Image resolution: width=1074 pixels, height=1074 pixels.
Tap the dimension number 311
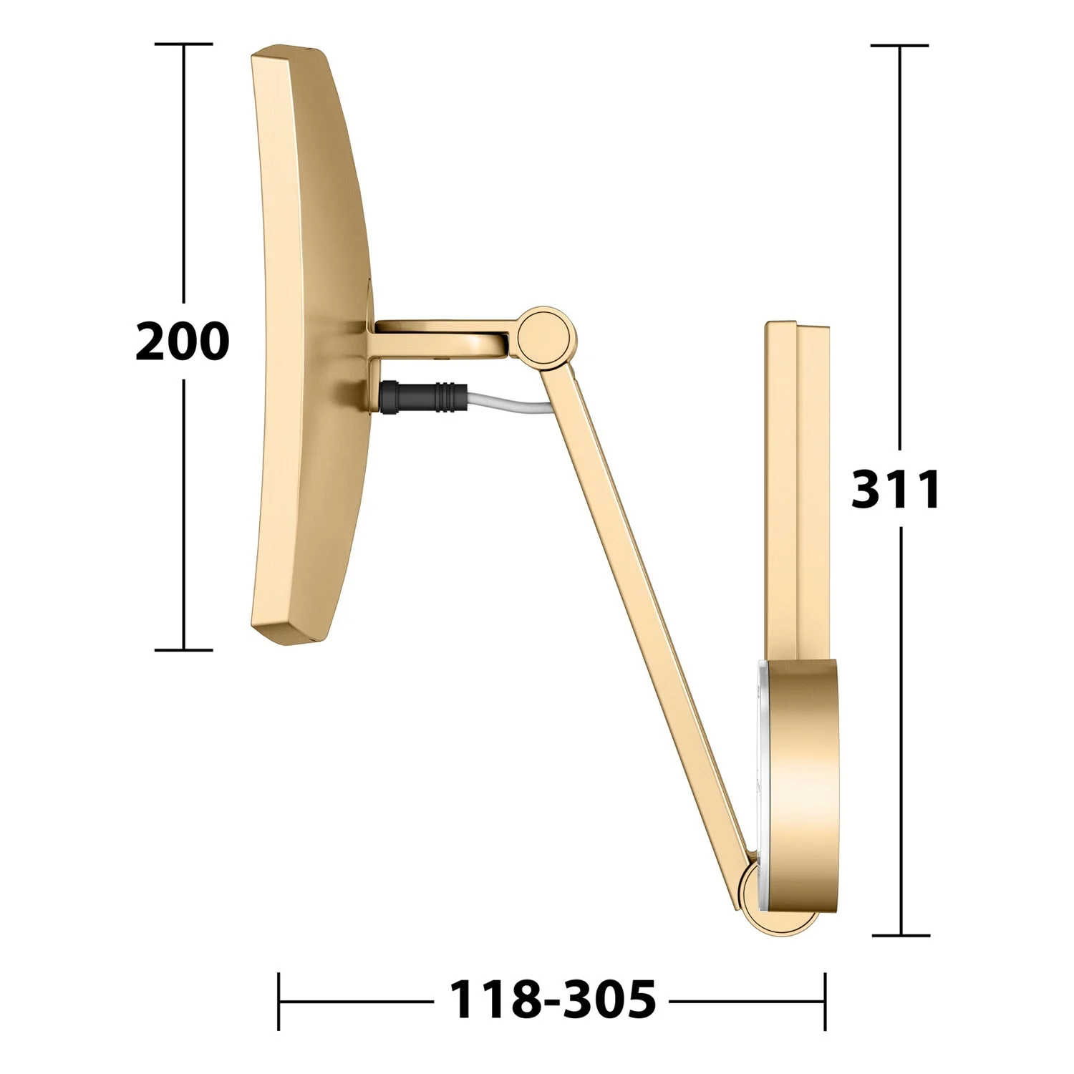(x=896, y=490)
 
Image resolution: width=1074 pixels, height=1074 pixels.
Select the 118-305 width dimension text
(x=553, y=1000)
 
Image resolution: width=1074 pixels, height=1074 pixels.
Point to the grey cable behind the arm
(x=511, y=404)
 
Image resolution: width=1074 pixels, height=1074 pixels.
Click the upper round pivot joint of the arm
(x=546, y=334)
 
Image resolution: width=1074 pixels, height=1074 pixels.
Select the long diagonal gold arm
(x=647, y=609)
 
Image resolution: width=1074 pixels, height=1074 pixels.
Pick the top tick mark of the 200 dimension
(x=183, y=44)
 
